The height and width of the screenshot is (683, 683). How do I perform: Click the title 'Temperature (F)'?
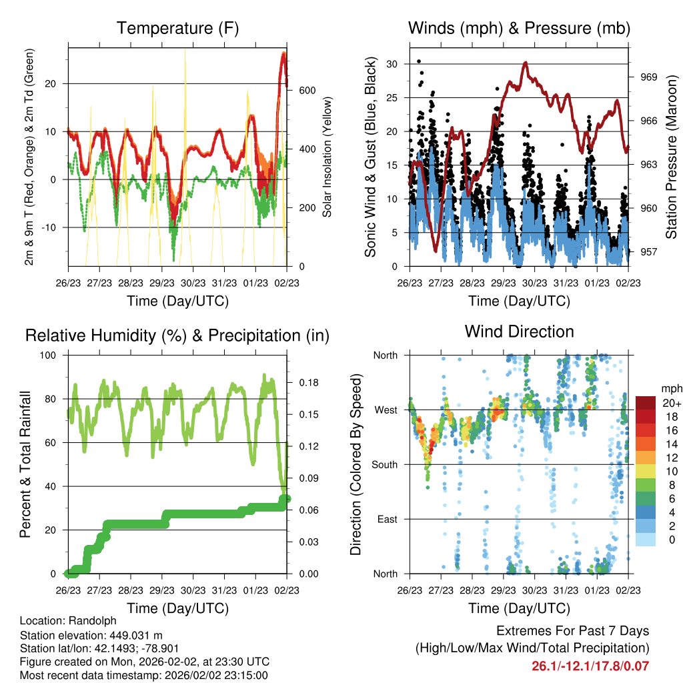(177, 28)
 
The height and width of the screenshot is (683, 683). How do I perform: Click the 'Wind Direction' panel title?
(519, 331)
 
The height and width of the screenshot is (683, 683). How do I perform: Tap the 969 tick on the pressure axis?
(648, 77)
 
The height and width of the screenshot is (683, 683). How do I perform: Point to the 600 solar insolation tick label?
(307, 91)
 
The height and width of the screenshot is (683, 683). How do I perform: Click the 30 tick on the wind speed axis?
(392, 64)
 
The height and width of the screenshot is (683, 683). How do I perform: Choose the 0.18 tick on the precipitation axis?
(309, 383)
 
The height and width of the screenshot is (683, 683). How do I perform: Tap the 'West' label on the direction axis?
(386, 410)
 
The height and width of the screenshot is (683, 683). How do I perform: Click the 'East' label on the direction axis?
(388, 519)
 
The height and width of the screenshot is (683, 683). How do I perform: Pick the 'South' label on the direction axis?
(385, 465)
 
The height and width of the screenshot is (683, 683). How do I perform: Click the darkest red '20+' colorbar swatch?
(646, 403)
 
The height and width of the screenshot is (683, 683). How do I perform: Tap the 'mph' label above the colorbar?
(672, 389)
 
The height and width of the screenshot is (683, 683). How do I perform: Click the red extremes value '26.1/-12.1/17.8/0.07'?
(590, 666)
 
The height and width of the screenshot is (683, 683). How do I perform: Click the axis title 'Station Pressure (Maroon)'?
(671, 157)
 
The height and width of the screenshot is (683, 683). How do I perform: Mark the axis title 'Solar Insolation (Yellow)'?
(327, 157)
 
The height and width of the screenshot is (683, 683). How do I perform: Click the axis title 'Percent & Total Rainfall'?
(25, 464)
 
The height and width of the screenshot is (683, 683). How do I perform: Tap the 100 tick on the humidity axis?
(48, 356)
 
